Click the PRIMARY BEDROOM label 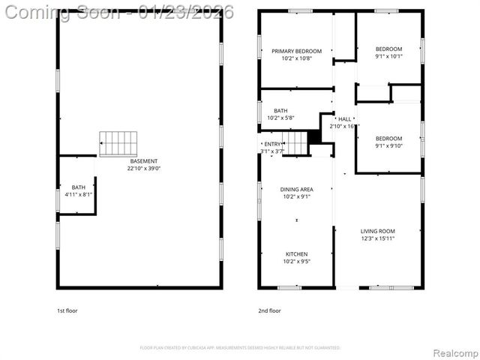[x=296, y=51]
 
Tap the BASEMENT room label [x=144, y=161]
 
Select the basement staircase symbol [x=118, y=142]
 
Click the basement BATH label [x=79, y=187]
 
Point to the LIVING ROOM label [x=377, y=231]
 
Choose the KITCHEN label [x=296, y=254]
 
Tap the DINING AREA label [x=296, y=189]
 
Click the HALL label [x=345, y=119]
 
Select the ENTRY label [x=273, y=144]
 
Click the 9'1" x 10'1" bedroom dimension [x=388, y=56]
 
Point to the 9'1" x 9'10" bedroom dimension [x=388, y=145]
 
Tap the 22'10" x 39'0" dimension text [x=144, y=169]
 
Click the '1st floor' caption [x=67, y=310]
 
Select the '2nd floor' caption [x=269, y=310]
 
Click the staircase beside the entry [x=295, y=142]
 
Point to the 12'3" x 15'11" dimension [x=377, y=238]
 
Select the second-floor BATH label [x=280, y=110]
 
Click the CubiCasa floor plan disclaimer [x=240, y=348]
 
